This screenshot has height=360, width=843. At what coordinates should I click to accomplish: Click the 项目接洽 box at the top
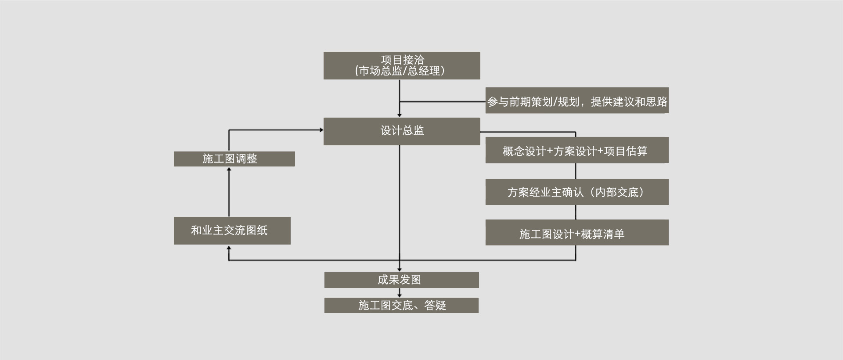(x=402, y=65)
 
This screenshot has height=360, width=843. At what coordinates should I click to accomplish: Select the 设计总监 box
(x=402, y=131)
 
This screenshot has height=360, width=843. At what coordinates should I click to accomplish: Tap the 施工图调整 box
(x=234, y=159)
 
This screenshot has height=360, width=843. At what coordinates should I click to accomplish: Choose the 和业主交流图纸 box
(x=232, y=230)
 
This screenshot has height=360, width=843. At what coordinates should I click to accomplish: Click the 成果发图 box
(x=401, y=280)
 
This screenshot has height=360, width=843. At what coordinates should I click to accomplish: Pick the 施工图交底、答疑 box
(x=401, y=306)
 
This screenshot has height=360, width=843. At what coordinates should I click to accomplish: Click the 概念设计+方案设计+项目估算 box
(x=576, y=150)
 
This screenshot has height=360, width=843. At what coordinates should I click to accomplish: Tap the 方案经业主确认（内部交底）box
(x=576, y=192)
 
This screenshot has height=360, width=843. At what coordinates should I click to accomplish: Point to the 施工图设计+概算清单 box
(x=576, y=233)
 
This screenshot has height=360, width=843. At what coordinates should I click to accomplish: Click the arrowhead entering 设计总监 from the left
(x=321, y=130)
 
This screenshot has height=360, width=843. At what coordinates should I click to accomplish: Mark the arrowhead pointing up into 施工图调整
(x=229, y=169)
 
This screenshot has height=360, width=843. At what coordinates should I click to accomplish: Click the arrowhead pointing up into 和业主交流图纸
(x=229, y=248)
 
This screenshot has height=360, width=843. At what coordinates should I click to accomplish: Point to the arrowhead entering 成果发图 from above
(x=400, y=269)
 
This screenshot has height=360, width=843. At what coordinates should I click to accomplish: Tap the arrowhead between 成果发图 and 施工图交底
(x=400, y=295)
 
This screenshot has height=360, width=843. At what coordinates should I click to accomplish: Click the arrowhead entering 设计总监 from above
(x=400, y=115)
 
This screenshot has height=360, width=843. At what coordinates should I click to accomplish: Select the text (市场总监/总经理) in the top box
(x=400, y=71)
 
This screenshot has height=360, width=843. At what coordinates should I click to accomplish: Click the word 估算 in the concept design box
(x=636, y=151)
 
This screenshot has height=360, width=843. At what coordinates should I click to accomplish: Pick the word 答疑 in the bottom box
(x=435, y=306)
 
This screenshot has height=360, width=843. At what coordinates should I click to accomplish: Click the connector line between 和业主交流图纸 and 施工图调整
(x=229, y=193)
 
